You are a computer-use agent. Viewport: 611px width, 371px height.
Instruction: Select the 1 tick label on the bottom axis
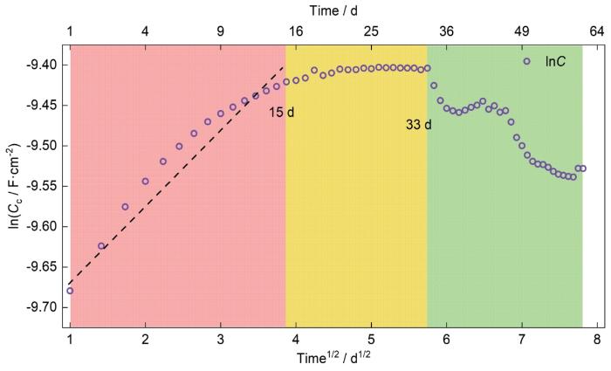[x=70, y=336]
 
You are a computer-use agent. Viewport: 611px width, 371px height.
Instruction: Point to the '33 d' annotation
[x=419, y=124]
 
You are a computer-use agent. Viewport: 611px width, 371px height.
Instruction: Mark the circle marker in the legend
[x=526, y=61]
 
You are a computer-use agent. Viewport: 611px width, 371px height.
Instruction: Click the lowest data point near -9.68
[x=70, y=291]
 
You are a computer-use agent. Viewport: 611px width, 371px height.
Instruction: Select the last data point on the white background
[x=583, y=168]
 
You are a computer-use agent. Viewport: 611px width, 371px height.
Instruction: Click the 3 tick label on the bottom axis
[x=221, y=336]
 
